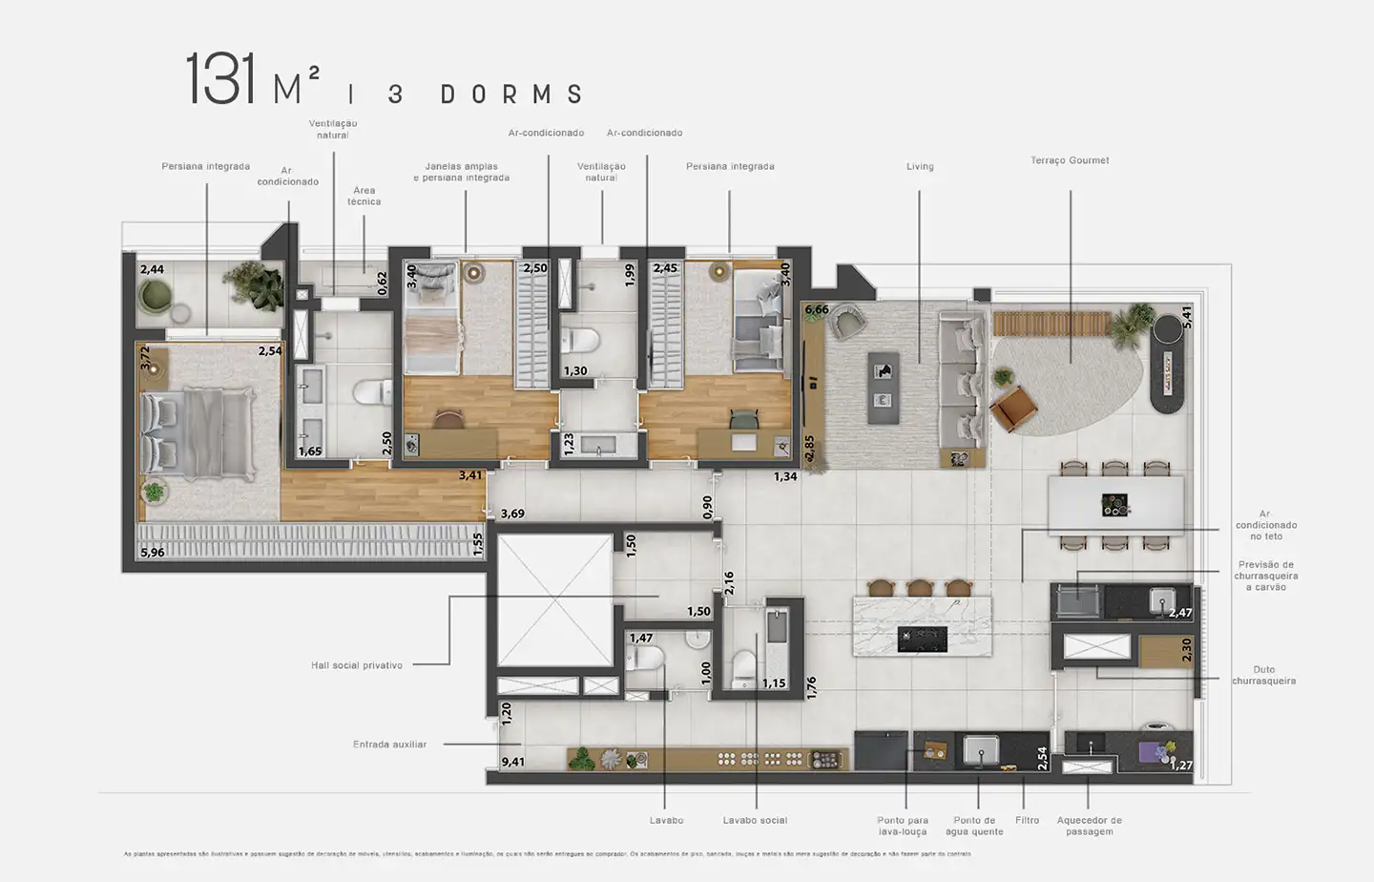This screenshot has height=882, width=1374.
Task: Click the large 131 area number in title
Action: point(220,80)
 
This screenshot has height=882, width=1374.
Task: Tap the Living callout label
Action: point(920,167)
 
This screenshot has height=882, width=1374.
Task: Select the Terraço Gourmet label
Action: point(1070,160)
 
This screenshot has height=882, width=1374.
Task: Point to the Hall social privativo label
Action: point(357,665)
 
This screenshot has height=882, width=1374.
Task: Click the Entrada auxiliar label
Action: point(389,745)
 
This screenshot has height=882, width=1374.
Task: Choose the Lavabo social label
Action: point(755,820)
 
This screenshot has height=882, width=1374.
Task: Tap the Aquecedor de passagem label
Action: point(1089,826)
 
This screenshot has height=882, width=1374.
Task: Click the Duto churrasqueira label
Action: point(1263,676)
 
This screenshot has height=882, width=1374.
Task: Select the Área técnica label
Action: point(364,196)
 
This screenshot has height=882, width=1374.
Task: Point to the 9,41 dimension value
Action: point(513,762)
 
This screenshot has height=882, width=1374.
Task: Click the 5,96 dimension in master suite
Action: point(153,552)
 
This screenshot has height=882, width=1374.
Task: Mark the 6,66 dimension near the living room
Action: point(817,309)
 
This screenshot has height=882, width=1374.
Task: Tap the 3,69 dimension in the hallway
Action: point(512,514)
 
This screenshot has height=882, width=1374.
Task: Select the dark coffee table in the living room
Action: point(883,387)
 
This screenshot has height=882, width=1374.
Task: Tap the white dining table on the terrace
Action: point(1115,505)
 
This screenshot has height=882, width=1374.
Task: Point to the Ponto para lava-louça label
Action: point(903,826)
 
